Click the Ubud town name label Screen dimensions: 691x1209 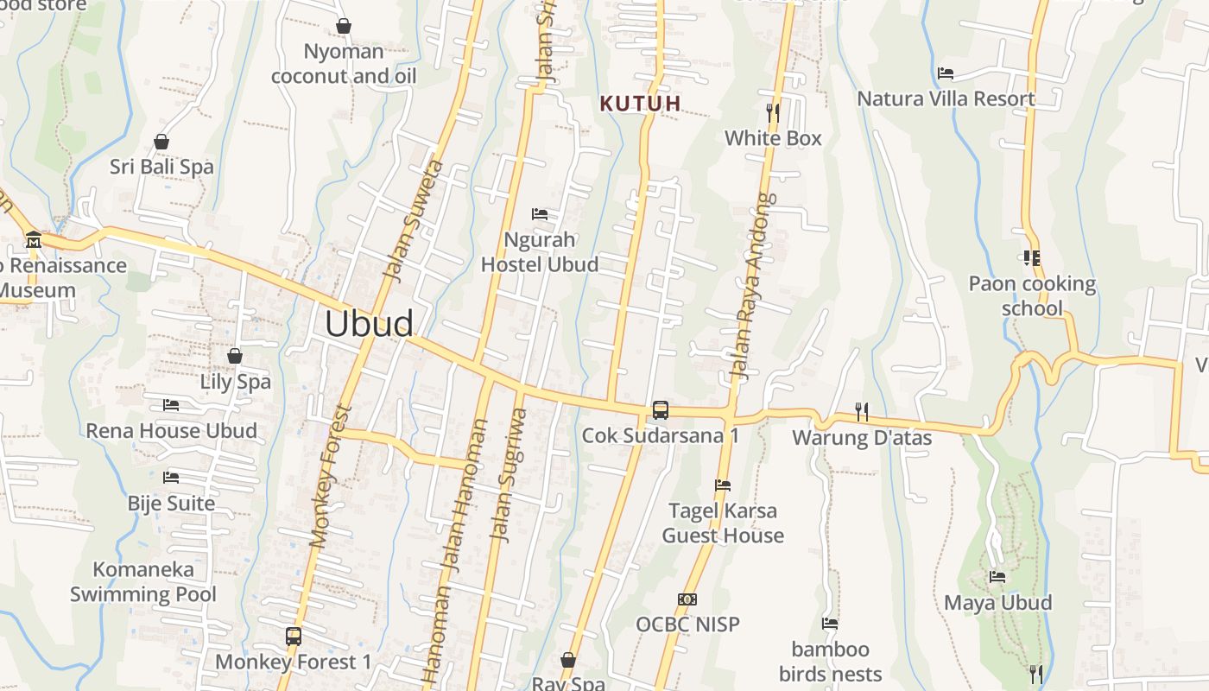(x=369, y=323)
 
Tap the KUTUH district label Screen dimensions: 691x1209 (x=640, y=104)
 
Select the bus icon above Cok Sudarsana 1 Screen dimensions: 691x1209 (x=661, y=410)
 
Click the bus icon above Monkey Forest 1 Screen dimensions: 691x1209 (x=294, y=637)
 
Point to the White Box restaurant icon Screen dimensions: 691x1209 (x=773, y=112)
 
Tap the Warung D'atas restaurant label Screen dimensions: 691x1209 (x=862, y=438)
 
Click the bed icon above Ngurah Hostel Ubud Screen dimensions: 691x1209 (x=540, y=213)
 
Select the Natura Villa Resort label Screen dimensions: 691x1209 (x=946, y=98)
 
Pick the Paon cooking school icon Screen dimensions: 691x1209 (x=1031, y=257)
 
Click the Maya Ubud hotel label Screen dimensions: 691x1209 (x=997, y=602)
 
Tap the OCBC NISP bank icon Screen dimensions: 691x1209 (x=687, y=599)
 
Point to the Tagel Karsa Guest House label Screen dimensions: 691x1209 (x=723, y=523)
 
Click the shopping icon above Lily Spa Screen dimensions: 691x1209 (x=235, y=356)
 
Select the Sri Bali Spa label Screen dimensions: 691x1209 (x=161, y=167)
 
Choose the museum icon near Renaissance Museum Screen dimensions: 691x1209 (x=34, y=239)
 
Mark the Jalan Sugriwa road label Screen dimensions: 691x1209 (x=508, y=475)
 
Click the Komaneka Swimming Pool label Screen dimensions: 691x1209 (x=143, y=582)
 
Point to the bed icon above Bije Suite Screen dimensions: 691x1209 (x=171, y=477)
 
